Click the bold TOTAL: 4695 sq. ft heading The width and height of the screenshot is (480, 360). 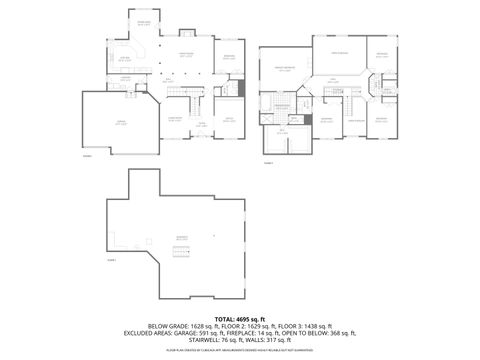tap(240, 317)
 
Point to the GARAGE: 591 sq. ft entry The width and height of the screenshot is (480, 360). tap(196, 333)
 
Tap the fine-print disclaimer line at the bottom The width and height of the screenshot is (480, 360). tap(240, 351)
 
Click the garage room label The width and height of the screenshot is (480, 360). tap(120, 124)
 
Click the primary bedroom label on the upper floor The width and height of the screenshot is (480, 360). tap(283, 70)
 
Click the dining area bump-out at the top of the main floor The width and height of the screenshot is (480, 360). tap(144, 22)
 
